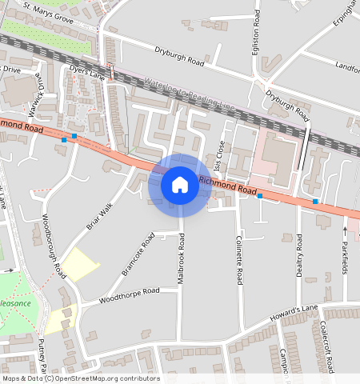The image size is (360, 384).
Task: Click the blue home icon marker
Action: click(180, 185)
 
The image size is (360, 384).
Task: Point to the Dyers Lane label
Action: click(87, 73)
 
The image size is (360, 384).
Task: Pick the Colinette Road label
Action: click(239, 259)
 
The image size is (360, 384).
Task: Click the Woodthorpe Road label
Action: click(129, 295)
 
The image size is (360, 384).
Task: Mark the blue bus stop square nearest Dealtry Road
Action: click(315, 202)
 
